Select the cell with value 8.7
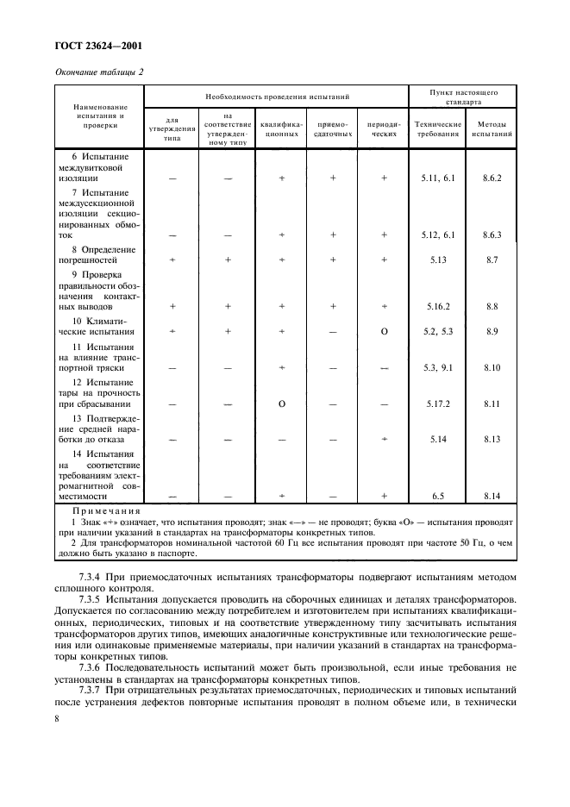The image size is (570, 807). [x=492, y=259]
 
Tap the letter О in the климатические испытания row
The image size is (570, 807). [x=384, y=331]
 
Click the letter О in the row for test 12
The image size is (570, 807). [x=282, y=403]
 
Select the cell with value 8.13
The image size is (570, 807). [x=492, y=439]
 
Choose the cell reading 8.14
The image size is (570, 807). [x=492, y=497]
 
